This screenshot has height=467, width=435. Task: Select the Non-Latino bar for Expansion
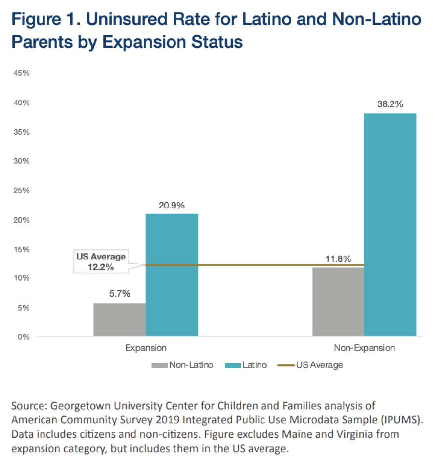tap(120, 320)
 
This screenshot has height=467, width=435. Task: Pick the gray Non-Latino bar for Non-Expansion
tap(338, 302)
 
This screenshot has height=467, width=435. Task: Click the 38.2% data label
tap(390, 104)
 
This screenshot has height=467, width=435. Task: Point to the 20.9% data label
tap(172, 205)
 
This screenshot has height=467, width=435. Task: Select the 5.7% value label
tap(119, 294)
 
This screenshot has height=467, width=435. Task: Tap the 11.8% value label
tap(338, 259)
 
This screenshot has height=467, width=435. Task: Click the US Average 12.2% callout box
tap(101, 262)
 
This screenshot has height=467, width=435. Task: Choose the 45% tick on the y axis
tap(23, 73)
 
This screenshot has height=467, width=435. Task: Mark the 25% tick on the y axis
tap(23, 191)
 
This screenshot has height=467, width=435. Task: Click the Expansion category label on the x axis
tap(145, 348)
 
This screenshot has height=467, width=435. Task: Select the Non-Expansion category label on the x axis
tap(364, 348)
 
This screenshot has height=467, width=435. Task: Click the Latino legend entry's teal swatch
tap(233, 365)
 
